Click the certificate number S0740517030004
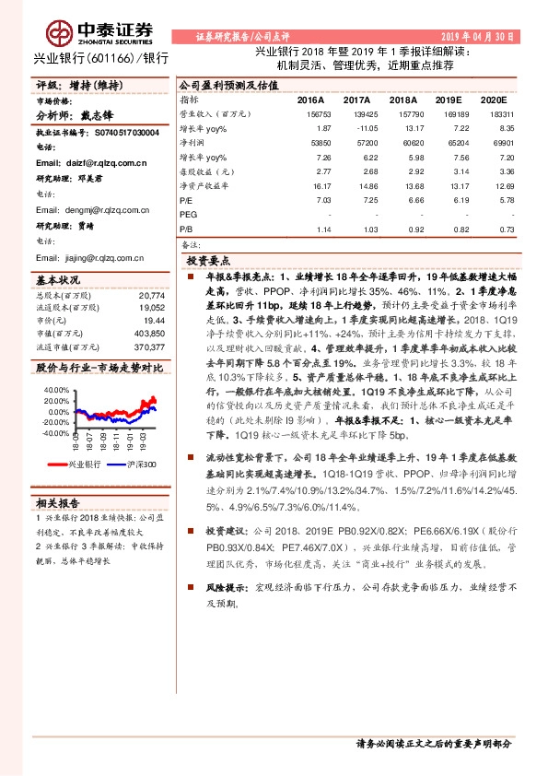120,133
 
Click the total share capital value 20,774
150,295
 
